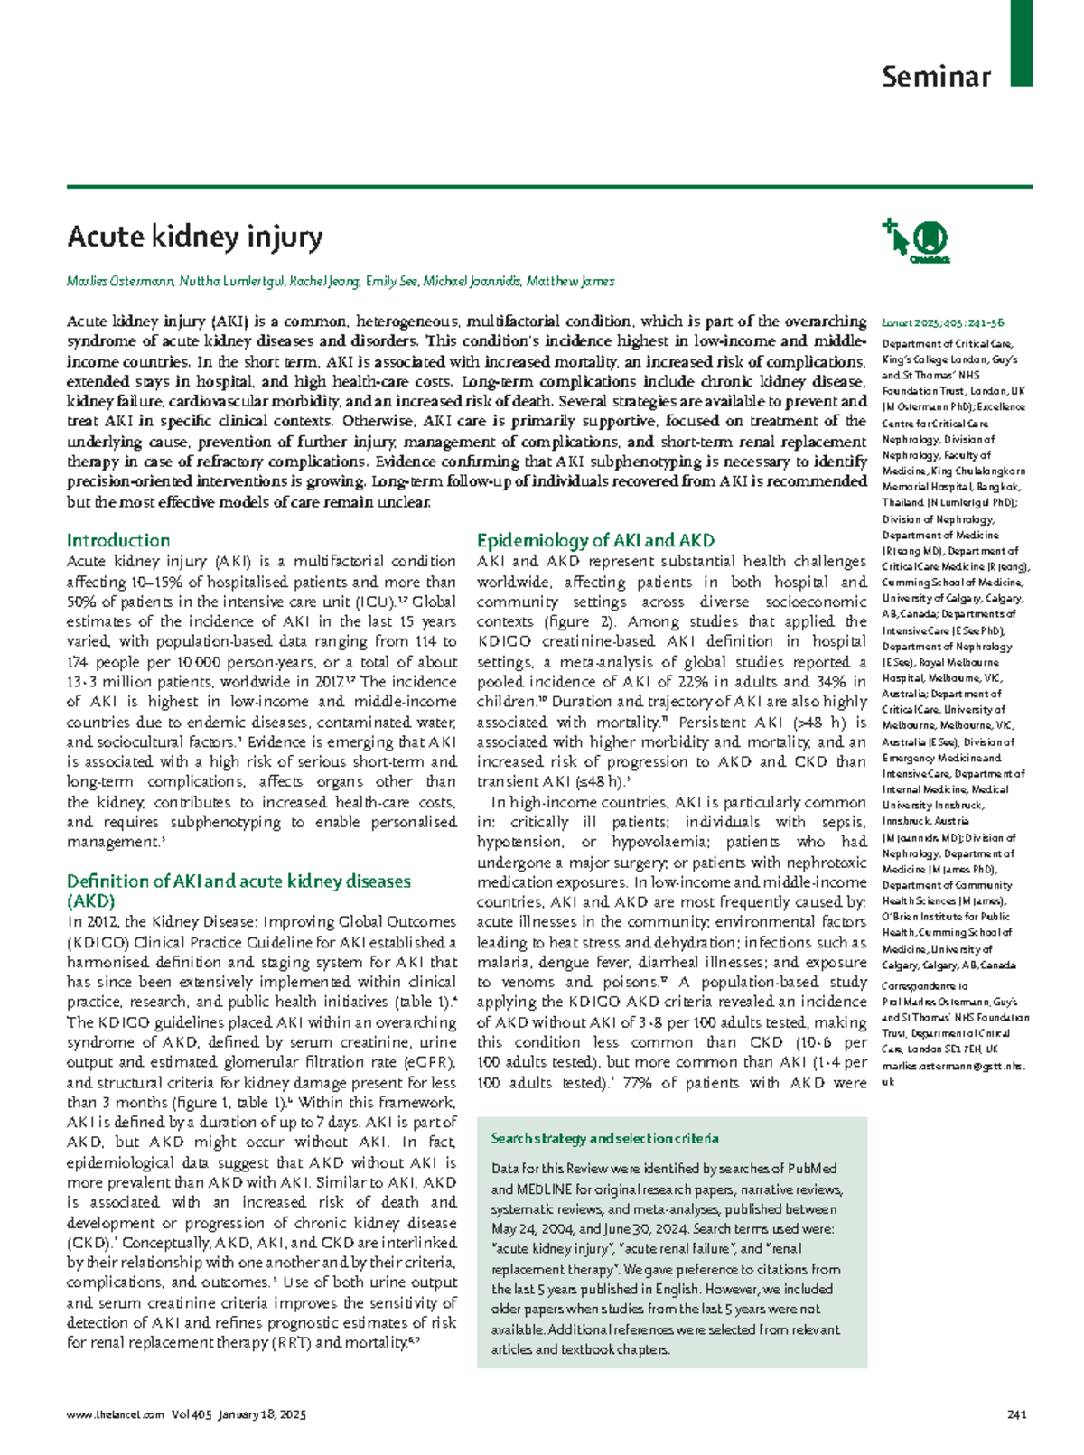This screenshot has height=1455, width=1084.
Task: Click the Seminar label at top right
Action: click(x=936, y=77)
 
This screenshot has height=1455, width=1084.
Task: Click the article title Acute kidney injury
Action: click(x=194, y=237)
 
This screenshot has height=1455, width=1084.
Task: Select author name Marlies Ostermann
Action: click(x=120, y=282)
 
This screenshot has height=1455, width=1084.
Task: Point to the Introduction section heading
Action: click(x=117, y=541)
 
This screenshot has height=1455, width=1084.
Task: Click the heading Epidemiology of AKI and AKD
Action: click(x=595, y=541)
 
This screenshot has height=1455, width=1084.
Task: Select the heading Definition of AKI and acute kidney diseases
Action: click(x=238, y=881)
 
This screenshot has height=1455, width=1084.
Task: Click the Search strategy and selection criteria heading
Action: click(x=604, y=1138)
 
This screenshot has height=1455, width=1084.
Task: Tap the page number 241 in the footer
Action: click(x=1016, y=1415)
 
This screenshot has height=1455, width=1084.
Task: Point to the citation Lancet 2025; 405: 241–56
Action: click(x=942, y=322)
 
